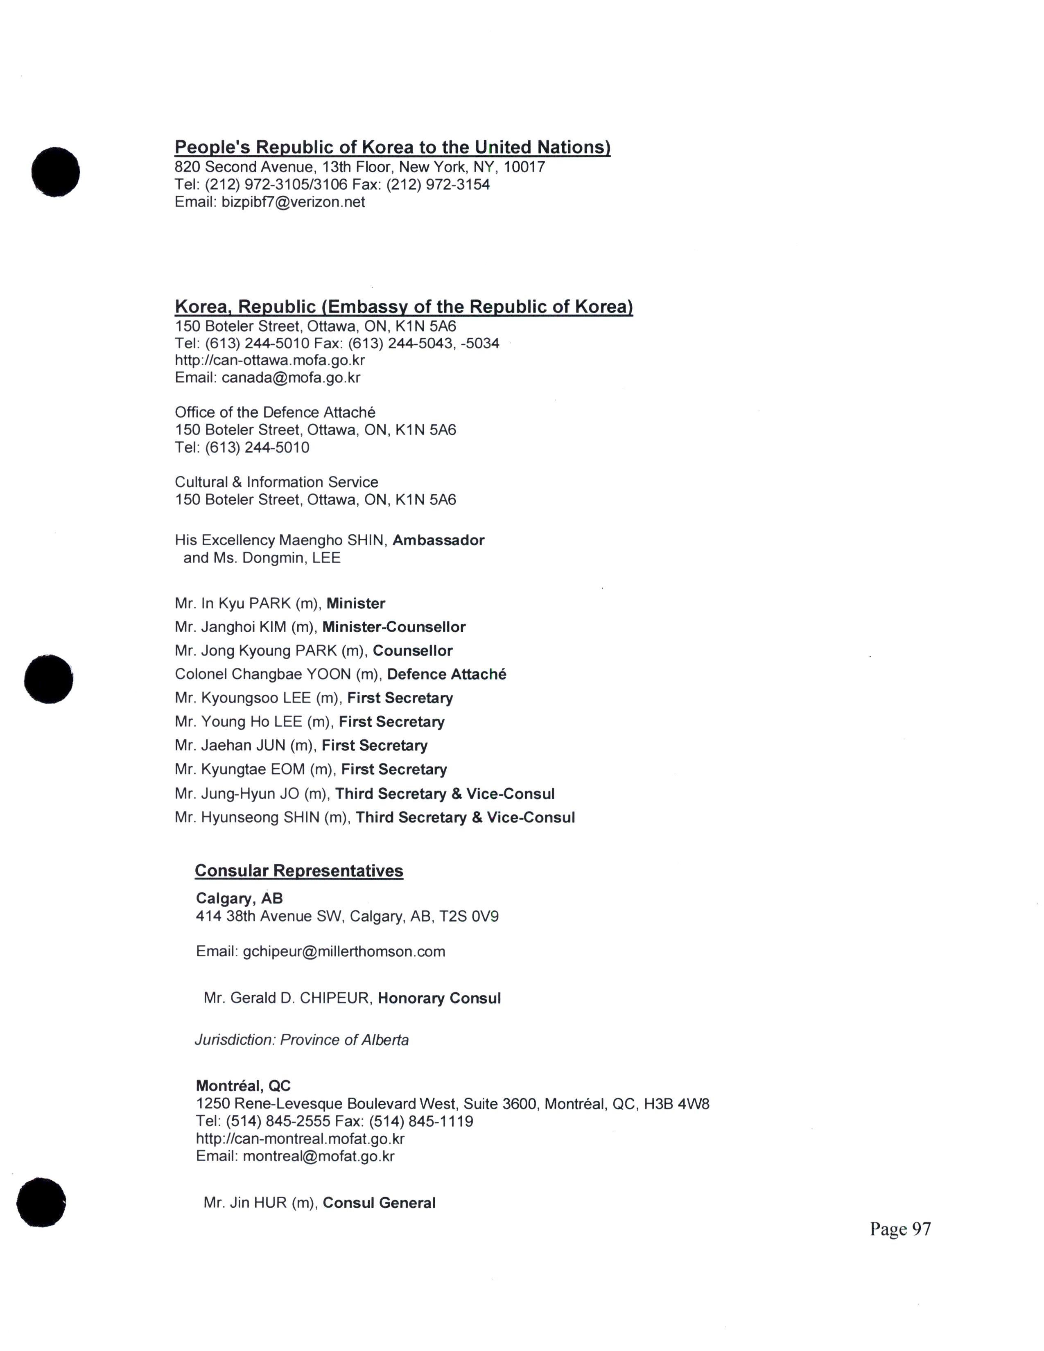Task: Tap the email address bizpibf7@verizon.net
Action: [293, 202]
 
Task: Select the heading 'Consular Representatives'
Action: [299, 871]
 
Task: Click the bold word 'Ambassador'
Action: [438, 541]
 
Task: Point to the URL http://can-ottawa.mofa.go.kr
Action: [270, 360]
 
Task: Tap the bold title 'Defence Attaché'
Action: [447, 674]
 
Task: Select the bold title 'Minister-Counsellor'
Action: [394, 627]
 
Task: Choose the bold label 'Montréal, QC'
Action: [243, 1086]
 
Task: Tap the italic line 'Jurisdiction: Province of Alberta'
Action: [302, 1040]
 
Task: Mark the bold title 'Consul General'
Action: [379, 1203]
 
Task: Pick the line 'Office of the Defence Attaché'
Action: [275, 413]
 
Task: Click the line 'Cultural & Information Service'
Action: [276, 483]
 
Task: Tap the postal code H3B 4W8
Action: [677, 1104]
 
